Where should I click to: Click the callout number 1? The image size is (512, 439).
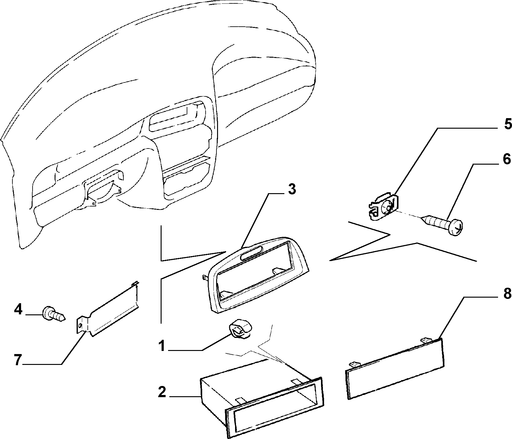(162, 346)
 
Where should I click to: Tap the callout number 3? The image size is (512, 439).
(292, 189)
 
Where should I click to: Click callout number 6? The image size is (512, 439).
(506, 159)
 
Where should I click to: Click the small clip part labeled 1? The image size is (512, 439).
(240, 329)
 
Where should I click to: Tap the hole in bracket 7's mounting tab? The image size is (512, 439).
(81, 325)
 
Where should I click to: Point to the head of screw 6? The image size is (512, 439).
(456, 228)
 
